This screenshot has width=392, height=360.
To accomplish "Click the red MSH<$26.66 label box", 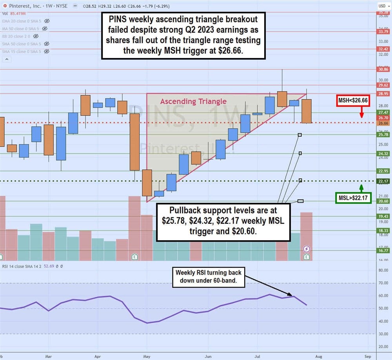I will (354, 101).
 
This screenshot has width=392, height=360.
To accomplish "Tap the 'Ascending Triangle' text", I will (193, 101).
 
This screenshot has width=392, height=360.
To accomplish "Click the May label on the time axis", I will (147, 356).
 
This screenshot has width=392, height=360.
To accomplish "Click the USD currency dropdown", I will (383, 5).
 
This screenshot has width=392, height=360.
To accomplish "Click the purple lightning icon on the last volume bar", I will (307, 249).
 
